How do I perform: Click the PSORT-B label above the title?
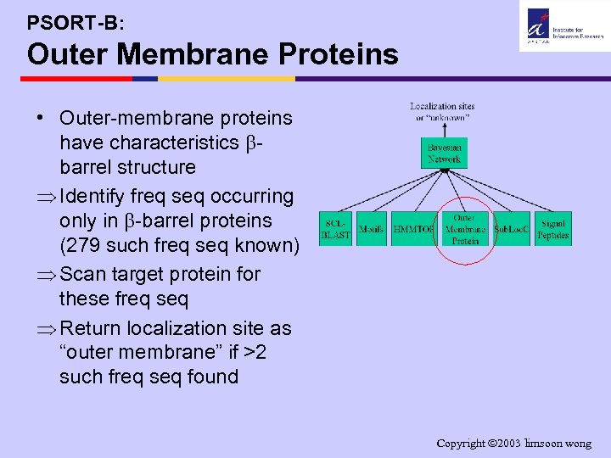76,23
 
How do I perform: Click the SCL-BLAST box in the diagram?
335,229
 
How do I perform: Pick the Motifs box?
371,229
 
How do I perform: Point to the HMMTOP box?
413,229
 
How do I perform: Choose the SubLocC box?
512,229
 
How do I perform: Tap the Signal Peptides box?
552,229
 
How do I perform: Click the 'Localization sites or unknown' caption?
442,112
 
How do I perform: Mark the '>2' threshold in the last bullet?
255,352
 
